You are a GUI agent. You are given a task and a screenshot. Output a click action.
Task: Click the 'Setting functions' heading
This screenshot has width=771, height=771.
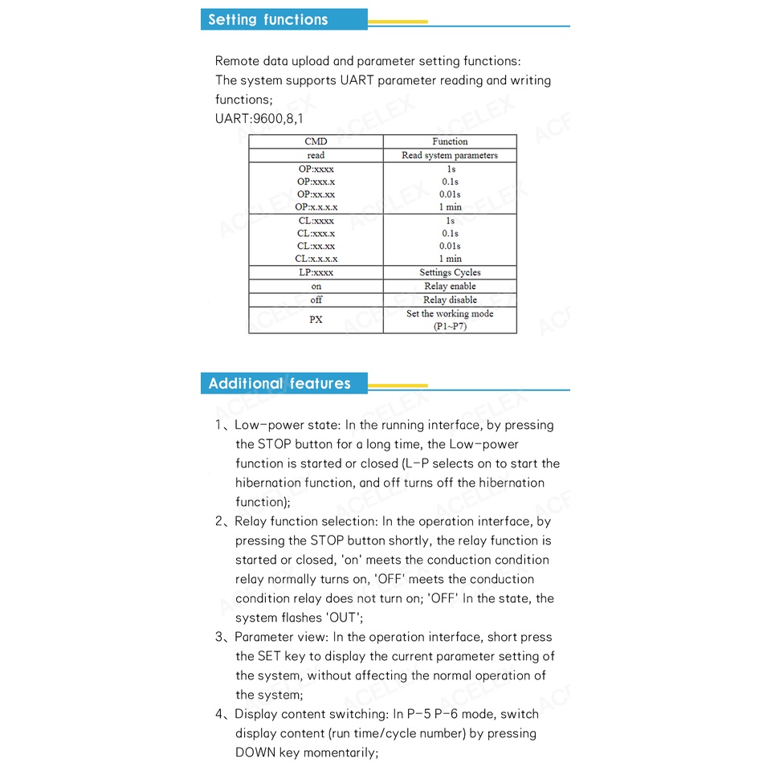[267, 20]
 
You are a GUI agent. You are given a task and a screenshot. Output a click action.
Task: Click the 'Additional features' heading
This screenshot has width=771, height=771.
[279, 383]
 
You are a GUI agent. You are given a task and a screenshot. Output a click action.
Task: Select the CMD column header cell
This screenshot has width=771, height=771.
[316, 141]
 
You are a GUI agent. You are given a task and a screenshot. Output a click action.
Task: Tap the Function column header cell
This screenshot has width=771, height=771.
[450, 141]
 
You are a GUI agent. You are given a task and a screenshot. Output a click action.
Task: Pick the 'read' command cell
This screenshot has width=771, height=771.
[316, 155]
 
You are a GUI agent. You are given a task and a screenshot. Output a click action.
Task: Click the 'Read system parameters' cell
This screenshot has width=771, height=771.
[450, 155]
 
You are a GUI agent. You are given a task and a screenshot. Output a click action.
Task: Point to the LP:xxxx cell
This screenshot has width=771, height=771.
[316, 272]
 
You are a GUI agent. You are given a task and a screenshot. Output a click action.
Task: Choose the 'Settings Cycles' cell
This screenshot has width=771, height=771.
[450, 272]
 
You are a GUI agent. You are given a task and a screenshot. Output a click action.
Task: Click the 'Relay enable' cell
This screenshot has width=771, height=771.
[450, 286]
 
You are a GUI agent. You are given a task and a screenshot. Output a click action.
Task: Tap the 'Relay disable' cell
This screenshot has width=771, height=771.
[450, 300]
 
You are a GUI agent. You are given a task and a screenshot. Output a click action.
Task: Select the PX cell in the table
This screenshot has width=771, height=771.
[316, 320]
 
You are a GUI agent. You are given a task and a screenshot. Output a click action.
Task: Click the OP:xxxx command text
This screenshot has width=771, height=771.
[316, 169]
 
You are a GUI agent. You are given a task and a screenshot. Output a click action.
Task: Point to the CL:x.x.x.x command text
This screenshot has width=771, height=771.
[316, 259]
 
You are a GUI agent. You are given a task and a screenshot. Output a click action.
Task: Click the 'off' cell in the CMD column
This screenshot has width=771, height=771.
[316, 300]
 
